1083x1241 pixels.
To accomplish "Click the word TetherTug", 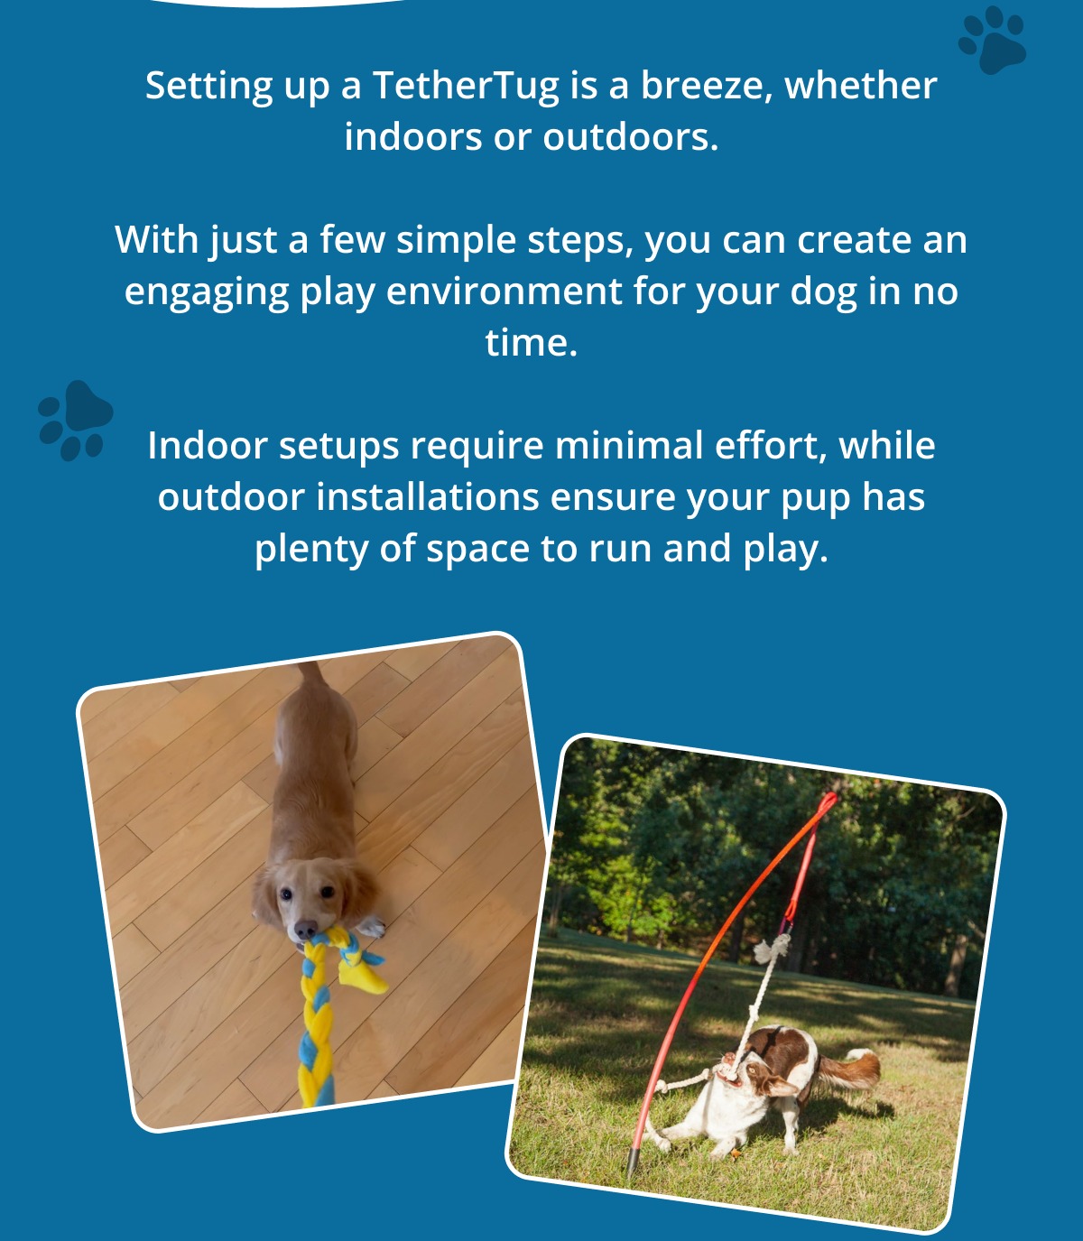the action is pyautogui.click(x=465, y=86).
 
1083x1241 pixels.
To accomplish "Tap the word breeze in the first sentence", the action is pyautogui.click(x=707, y=85).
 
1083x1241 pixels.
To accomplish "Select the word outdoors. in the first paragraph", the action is pyautogui.click(x=630, y=136).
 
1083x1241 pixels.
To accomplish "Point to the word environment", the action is pyautogui.click(x=504, y=292).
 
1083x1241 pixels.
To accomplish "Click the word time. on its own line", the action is pyautogui.click(x=532, y=343).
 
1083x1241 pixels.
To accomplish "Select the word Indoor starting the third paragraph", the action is pyautogui.click(x=208, y=446).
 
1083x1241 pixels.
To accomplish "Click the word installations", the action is pyautogui.click(x=428, y=497).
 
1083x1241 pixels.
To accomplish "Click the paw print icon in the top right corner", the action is pyautogui.click(x=992, y=40).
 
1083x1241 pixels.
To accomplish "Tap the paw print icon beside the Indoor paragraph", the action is pyautogui.click(x=75, y=420).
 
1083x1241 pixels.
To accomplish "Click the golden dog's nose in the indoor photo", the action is pyautogui.click(x=306, y=929).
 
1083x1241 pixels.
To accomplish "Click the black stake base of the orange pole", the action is pyautogui.click(x=634, y=1159).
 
